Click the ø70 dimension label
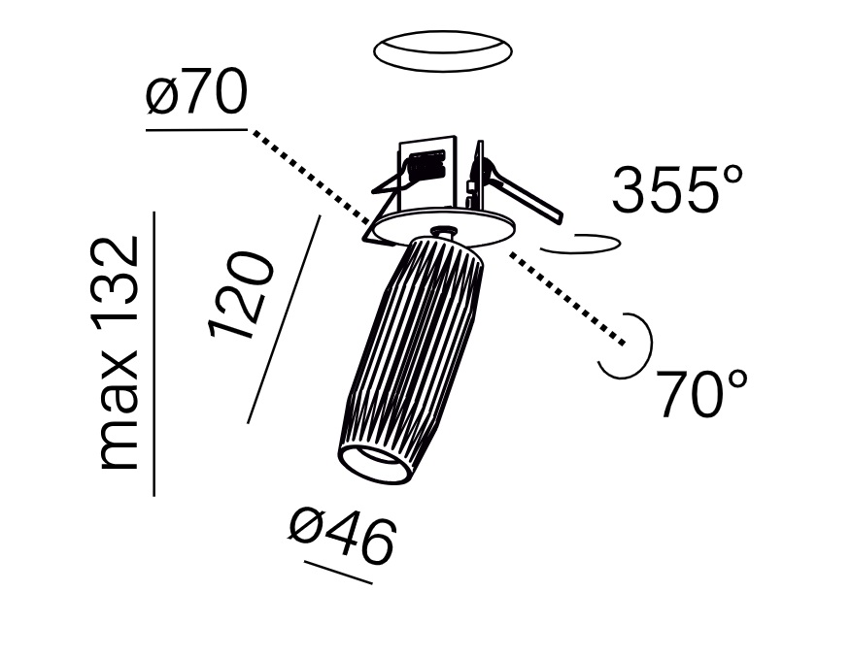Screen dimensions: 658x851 (x=196, y=96)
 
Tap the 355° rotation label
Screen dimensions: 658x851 (x=677, y=189)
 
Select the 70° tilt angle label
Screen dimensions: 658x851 (x=702, y=393)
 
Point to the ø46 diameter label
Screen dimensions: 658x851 (x=342, y=539)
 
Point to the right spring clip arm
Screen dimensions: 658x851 (x=525, y=195)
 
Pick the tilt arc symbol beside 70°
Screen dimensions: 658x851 (x=627, y=345)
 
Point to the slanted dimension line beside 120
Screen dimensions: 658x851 (x=284, y=319)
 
